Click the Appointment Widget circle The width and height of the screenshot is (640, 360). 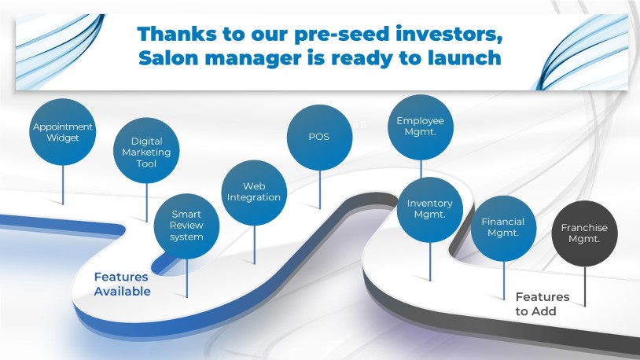tap(62, 132)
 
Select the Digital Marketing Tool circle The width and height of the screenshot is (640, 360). tap(146, 151)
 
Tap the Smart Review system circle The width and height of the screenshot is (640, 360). tap(186, 226)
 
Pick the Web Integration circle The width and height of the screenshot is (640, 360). tap(254, 193)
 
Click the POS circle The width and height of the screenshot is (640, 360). tap(319, 138)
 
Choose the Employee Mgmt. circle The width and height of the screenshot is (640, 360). tap(421, 127)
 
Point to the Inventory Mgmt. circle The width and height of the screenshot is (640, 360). tap(430, 210)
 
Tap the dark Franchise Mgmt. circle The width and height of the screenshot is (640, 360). tap(584, 233)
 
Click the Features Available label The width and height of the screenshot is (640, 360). tap(122, 284)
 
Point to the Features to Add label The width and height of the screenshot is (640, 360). tap(542, 304)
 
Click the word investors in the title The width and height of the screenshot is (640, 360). tap(449, 35)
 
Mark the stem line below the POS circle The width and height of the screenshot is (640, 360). tap(319, 189)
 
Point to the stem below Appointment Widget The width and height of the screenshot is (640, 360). tap(62, 185)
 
